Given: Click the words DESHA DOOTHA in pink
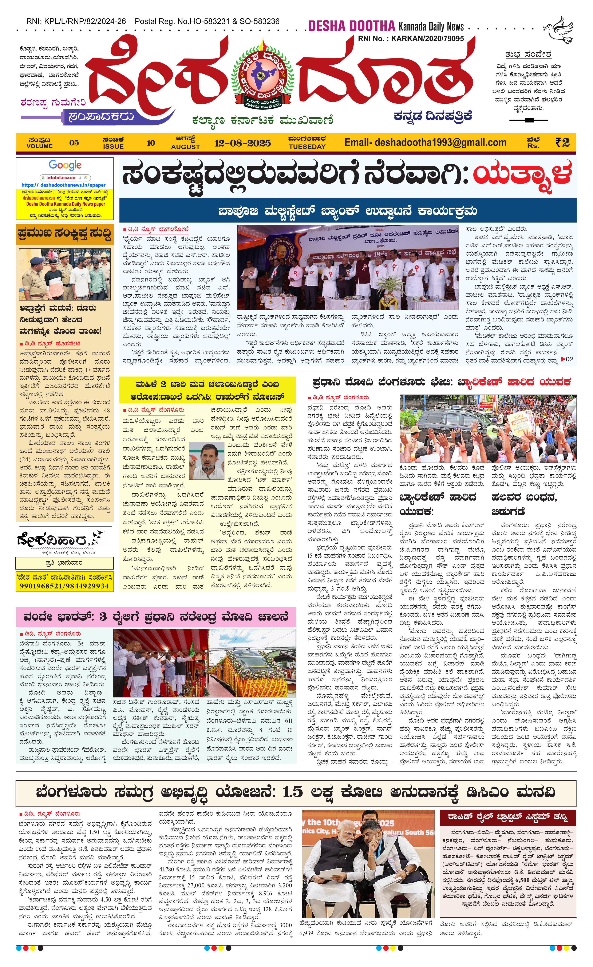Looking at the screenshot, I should tap(351, 26).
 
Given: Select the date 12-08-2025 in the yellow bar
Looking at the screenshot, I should tap(242, 143).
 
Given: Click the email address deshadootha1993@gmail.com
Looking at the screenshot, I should tap(425, 143).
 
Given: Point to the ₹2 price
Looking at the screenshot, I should tap(562, 142).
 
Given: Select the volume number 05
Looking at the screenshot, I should tap(74, 143).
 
